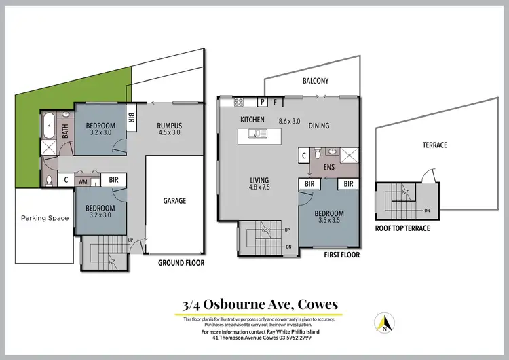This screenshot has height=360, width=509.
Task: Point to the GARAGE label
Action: pyautogui.click(x=174, y=201)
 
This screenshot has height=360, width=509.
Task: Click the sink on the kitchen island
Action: pyautogui.click(x=258, y=134)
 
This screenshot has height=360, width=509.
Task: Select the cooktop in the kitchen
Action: pyautogui.click(x=238, y=103)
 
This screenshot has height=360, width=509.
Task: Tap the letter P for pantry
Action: pyautogui.click(x=262, y=103)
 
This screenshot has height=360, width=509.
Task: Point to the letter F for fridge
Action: pyautogui.click(x=276, y=103)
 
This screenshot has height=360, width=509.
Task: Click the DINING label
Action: pyautogui.click(x=319, y=126)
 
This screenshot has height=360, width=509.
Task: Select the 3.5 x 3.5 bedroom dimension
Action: pyautogui.click(x=329, y=221)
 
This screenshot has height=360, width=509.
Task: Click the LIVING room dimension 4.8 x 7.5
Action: pyautogui.click(x=259, y=187)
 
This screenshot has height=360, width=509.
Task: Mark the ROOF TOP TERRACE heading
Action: pyautogui.click(x=402, y=228)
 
